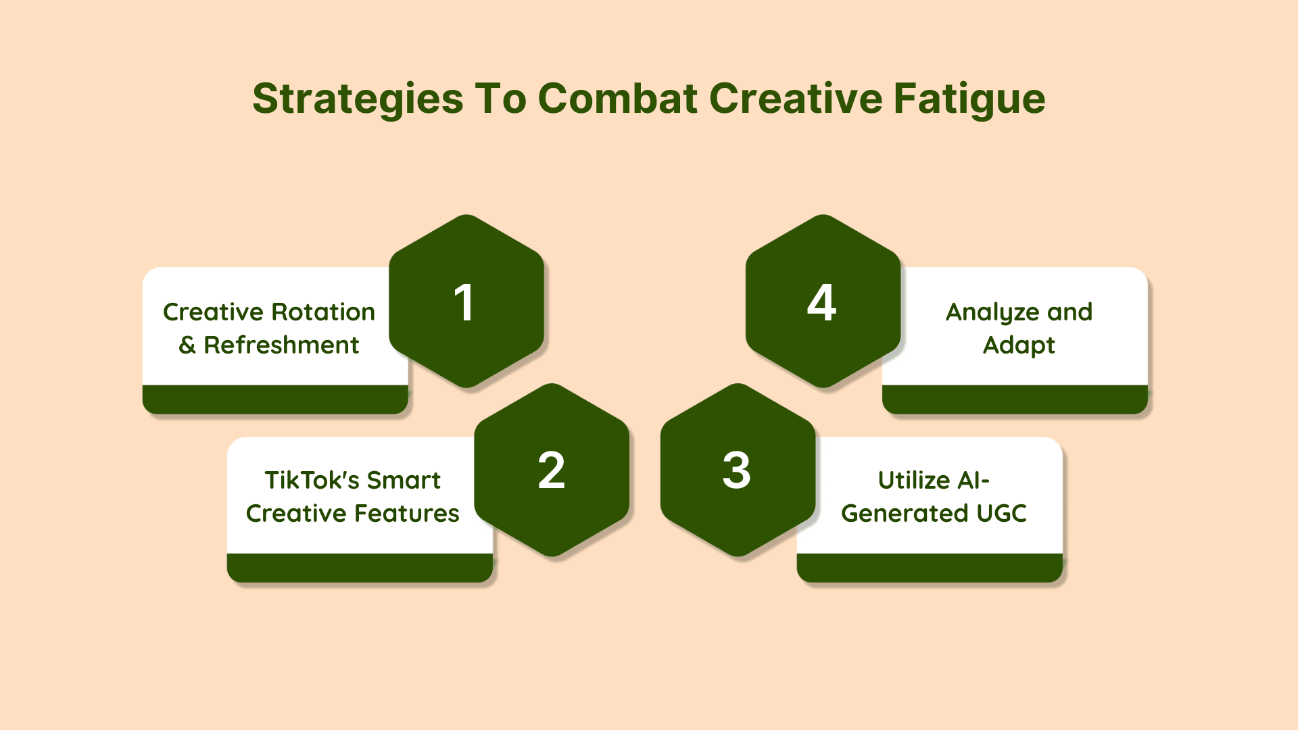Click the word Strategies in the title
(x=358, y=99)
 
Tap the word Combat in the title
(x=617, y=98)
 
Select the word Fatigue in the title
(x=969, y=99)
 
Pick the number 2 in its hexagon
(x=552, y=470)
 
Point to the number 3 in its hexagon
(x=737, y=470)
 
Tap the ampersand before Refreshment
(x=187, y=345)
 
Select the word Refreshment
(x=281, y=345)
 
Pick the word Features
(x=408, y=513)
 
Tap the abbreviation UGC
(x=1002, y=513)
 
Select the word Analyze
(x=993, y=313)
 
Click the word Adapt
(x=1019, y=345)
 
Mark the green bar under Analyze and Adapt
(x=1015, y=399)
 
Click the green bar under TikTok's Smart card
(x=360, y=568)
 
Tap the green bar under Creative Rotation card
(x=275, y=399)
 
